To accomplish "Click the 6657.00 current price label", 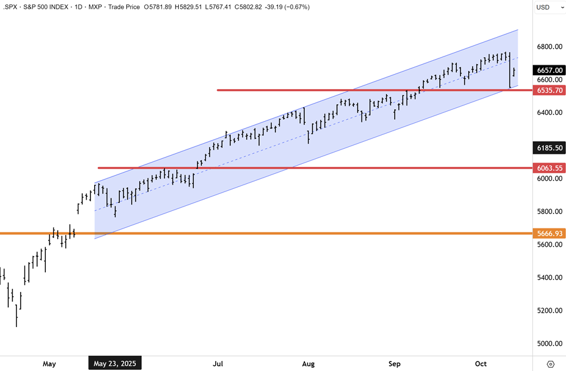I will click(x=548, y=70).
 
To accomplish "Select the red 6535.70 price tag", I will click(x=548, y=90).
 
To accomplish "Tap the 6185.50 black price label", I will click(x=548, y=148).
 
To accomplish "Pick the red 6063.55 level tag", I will click(x=548, y=168).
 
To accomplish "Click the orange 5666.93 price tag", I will click(x=548, y=234).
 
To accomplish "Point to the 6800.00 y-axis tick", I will click(x=548, y=47).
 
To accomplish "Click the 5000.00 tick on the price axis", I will click(x=548, y=343).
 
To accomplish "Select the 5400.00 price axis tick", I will click(x=548, y=277).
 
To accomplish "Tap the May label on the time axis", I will click(x=50, y=363).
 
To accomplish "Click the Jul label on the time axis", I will click(x=218, y=363).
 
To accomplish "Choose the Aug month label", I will click(x=308, y=363).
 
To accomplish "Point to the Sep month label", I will click(x=394, y=363).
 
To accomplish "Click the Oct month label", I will click(x=481, y=363).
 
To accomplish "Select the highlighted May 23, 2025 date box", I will click(x=115, y=363).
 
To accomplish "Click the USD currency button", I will click(x=543, y=7).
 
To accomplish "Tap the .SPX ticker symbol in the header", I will click(x=12, y=7).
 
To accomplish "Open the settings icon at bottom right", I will click(x=550, y=364).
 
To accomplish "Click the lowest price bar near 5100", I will click(x=16, y=320).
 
